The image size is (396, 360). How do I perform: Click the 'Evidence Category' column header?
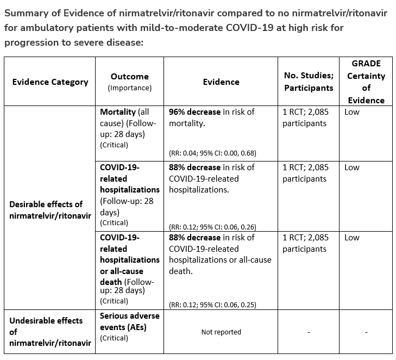click(x=50, y=82)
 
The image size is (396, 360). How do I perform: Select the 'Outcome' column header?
click(x=129, y=77)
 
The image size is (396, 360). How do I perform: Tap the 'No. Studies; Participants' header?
click(x=309, y=82)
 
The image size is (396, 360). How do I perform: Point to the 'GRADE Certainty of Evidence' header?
click(x=366, y=82)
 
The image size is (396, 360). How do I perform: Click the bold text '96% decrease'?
click(x=194, y=112)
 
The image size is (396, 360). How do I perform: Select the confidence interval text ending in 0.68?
click(x=212, y=153)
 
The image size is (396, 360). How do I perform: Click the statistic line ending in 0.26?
click(x=212, y=227)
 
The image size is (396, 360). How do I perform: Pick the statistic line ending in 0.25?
click(x=212, y=305)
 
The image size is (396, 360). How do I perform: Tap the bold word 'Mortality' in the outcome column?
click(x=118, y=112)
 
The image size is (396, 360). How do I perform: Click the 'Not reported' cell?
click(x=221, y=332)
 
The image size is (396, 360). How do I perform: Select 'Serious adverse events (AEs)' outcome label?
click(x=129, y=321)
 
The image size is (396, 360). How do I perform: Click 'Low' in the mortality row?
click(x=352, y=112)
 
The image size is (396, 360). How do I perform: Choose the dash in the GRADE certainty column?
click(x=366, y=332)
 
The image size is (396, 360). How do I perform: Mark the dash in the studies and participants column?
click(x=309, y=332)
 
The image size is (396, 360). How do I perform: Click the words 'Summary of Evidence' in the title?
click(x=44, y=13)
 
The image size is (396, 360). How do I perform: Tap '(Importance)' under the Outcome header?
click(x=129, y=88)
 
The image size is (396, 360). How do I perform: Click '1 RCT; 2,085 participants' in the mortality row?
click(x=305, y=117)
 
